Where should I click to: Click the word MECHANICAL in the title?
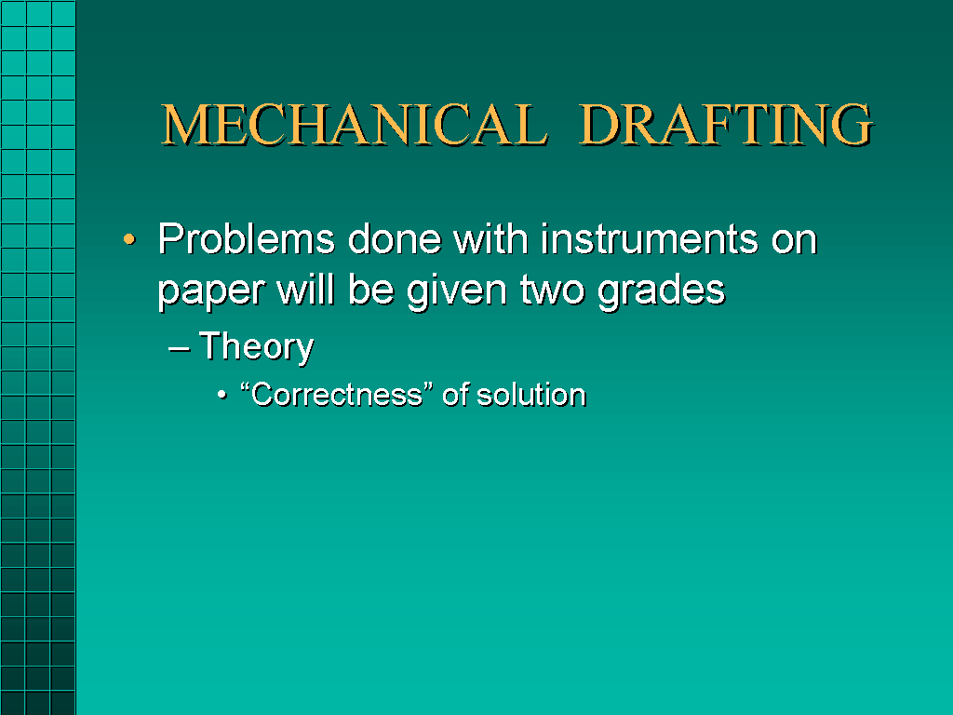[355, 125]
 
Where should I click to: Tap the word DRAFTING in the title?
[726, 125]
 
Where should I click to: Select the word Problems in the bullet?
[246, 239]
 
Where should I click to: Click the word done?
[395, 239]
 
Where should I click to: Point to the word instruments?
[650, 239]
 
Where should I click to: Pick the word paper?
[211, 291]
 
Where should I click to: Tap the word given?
[457, 291]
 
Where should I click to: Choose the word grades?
[662, 291]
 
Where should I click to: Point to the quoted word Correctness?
[337, 395]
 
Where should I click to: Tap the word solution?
[531, 395]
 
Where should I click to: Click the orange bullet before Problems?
[128, 239]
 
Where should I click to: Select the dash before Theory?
[180, 349]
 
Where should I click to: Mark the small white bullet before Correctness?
[222, 396]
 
